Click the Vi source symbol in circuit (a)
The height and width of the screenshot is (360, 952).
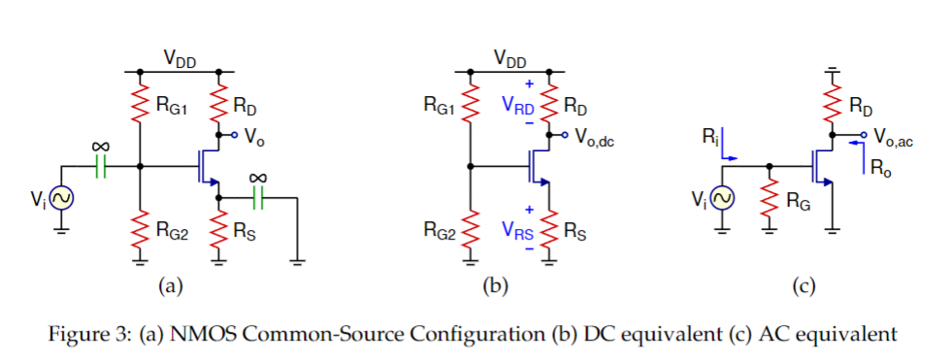[60, 199]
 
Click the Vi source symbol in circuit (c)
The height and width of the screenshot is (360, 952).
[722, 199]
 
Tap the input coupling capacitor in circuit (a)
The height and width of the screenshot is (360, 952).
[100, 167]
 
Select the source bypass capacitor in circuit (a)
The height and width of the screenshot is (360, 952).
[257, 197]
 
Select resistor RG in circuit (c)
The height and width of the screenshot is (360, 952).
[770, 201]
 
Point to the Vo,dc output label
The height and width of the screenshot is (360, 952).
[595, 138]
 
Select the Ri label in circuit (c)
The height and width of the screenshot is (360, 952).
[710, 138]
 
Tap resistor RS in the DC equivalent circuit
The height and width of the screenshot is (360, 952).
[550, 230]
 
